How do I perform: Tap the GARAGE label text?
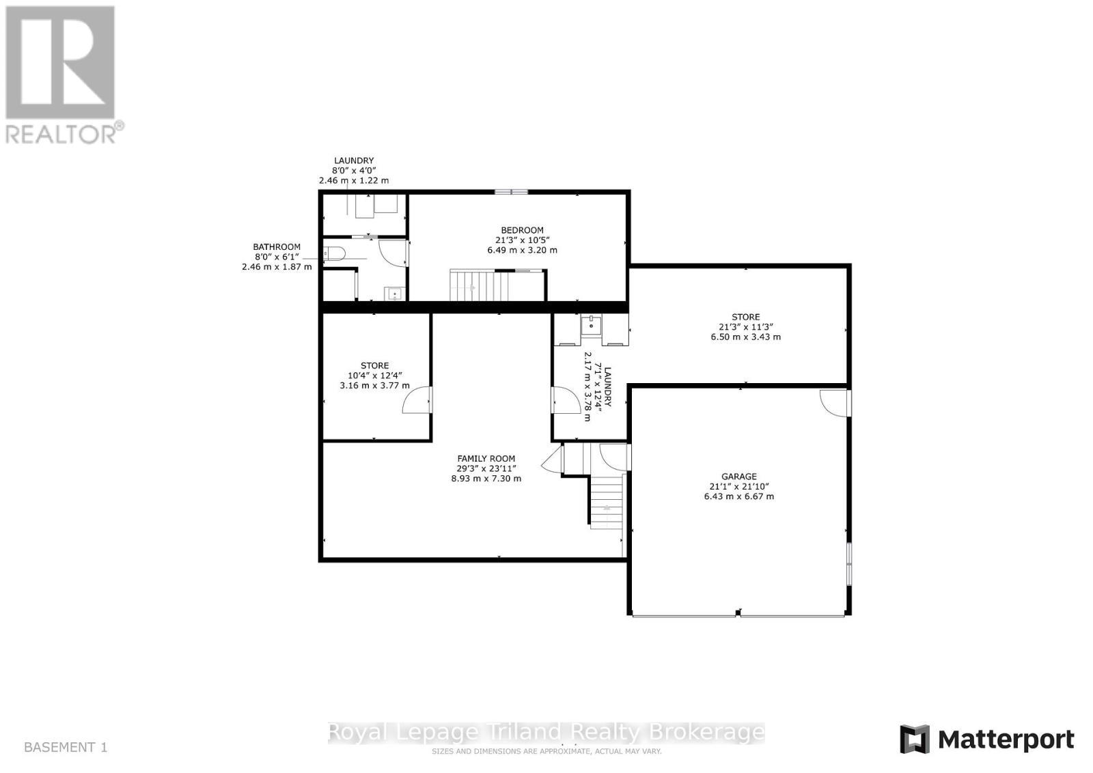pyautogui.click(x=738, y=477)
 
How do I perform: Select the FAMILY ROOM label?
pyautogui.click(x=486, y=459)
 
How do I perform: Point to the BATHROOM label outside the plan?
pyautogui.click(x=277, y=247)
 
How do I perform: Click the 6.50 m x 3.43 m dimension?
pyautogui.click(x=745, y=337)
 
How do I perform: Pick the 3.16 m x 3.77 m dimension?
pyautogui.click(x=374, y=385)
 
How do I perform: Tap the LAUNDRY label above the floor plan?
pyautogui.click(x=354, y=161)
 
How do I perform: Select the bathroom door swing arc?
pyautogui.click(x=392, y=253)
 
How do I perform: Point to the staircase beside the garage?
pyautogui.click(x=607, y=502)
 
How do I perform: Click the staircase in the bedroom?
pyautogui.click(x=472, y=285)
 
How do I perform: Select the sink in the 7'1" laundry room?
pyautogui.click(x=590, y=326)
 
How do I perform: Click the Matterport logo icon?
pyautogui.click(x=915, y=740)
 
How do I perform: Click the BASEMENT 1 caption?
pyautogui.click(x=66, y=747)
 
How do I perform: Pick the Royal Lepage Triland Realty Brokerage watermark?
pyautogui.click(x=546, y=733)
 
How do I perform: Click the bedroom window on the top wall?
pyautogui.click(x=512, y=192)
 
